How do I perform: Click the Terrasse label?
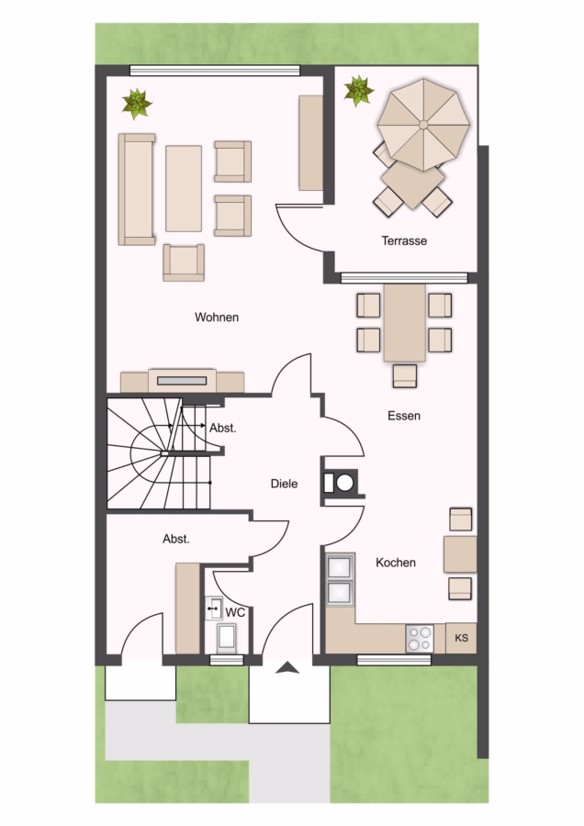(x=404, y=240)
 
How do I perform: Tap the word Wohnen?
(x=217, y=318)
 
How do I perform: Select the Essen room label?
(x=404, y=416)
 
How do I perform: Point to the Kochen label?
(x=396, y=563)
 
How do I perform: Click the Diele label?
(x=284, y=484)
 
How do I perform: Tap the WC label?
(x=235, y=613)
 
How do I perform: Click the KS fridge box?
(x=461, y=638)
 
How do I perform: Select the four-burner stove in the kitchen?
(x=420, y=639)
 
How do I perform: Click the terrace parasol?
(x=424, y=125)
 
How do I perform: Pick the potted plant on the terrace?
(x=359, y=90)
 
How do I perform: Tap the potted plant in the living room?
(x=137, y=104)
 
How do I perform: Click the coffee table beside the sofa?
(x=184, y=188)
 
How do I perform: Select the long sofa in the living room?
(x=137, y=189)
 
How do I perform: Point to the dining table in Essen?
(x=405, y=323)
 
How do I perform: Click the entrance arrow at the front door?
(x=287, y=667)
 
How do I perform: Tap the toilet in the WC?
(x=227, y=638)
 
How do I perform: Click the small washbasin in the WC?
(x=213, y=608)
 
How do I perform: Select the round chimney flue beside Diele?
(x=344, y=483)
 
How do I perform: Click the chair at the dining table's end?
(x=405, y=376)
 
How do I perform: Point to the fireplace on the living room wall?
(x=183, y=380)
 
